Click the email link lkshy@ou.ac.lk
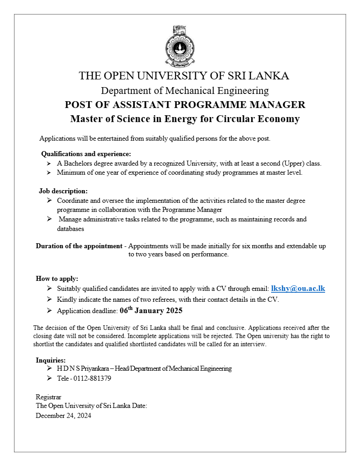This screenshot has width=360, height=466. coord(298,288)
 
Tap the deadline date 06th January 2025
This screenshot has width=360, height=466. coord(151,311)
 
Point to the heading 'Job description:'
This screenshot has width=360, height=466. coord(63,191)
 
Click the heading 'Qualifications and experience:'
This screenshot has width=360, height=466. coord(86,154)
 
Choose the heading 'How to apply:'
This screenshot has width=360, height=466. coord(57,279)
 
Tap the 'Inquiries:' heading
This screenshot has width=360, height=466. coord(51,360)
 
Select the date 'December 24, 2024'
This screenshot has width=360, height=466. coord(63,415)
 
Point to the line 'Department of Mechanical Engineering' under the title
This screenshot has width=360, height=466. coord(185,90)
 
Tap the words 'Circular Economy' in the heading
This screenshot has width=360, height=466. coord(262,119)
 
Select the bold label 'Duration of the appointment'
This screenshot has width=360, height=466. coord(79,246)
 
